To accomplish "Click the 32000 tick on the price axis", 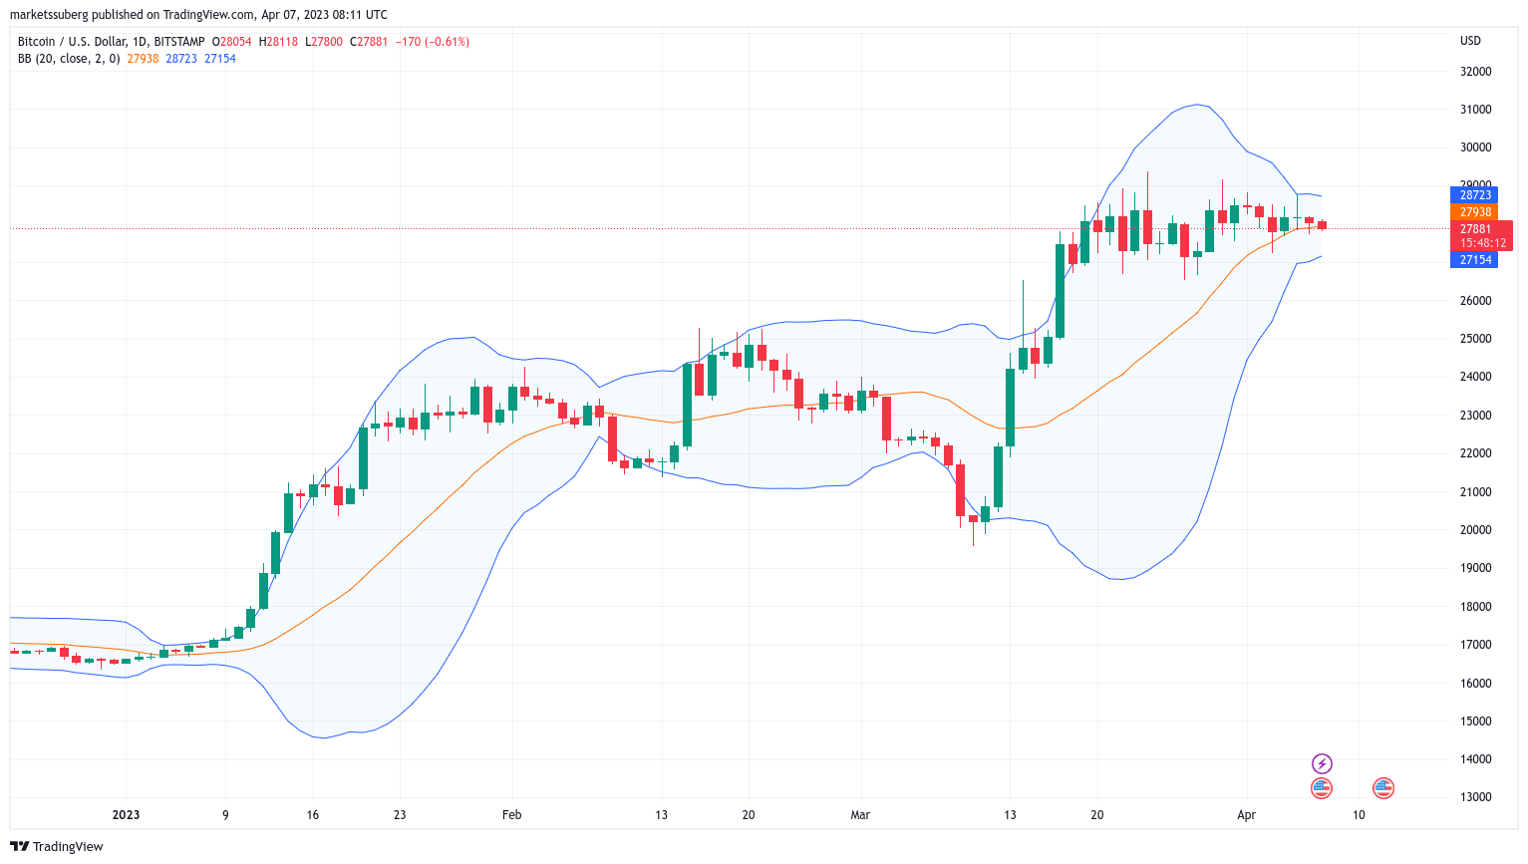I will (x=1475, y=72).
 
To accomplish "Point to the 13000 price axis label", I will (x=1475, y=797).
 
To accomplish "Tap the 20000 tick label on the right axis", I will (x=1475, y=530).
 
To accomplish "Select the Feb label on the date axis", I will (x=511, y=815).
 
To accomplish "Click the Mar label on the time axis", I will (x=860, y=815).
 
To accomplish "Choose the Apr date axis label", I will (x=1246, y=815).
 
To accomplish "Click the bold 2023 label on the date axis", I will (x=126, y=815).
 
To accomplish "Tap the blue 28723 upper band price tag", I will (x=1475, y=195).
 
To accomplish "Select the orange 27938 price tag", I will (x=1475, y=212).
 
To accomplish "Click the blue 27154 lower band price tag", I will (x=1475, y=260).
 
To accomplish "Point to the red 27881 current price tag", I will (x=1476, y=229).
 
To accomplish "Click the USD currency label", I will (x=1470, y=41).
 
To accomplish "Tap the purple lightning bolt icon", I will (x=1322, y=764).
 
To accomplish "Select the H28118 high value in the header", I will (x=278, y=42).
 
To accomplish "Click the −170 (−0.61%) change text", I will (x=433, y=42).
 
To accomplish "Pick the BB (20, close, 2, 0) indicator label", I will (x=69, y=59).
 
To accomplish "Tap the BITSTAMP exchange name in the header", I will (x=179, y=42).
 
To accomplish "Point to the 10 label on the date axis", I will (x=1359, y=815).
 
